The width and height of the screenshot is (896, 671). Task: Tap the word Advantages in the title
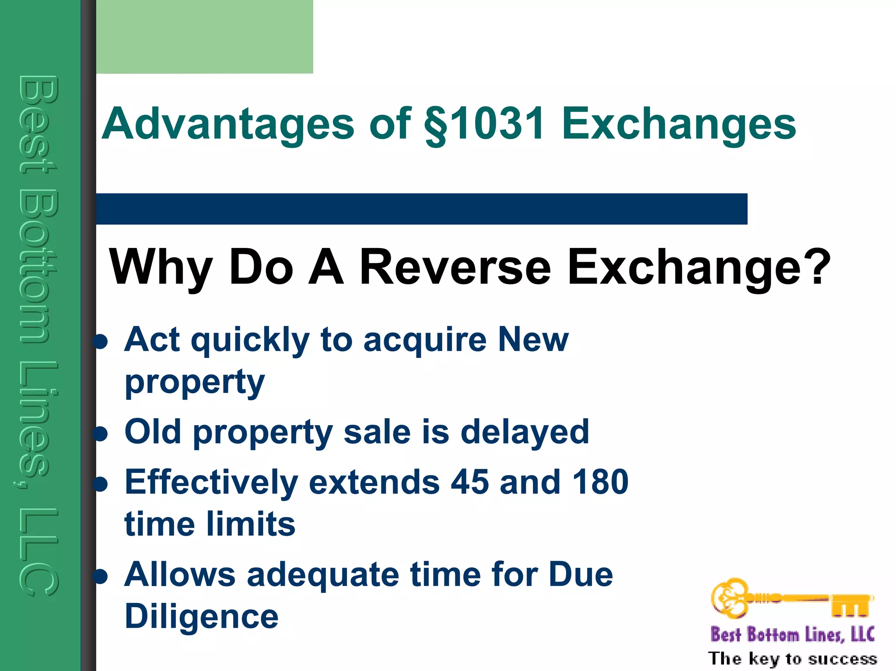tap(227, 124)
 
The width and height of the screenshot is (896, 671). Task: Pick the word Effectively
tap(212, 482)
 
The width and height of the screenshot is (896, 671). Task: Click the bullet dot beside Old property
tap(101, 433)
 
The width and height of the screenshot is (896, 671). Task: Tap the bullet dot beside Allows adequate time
tap(101, 576)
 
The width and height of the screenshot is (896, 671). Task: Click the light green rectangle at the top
tap(204, 37)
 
